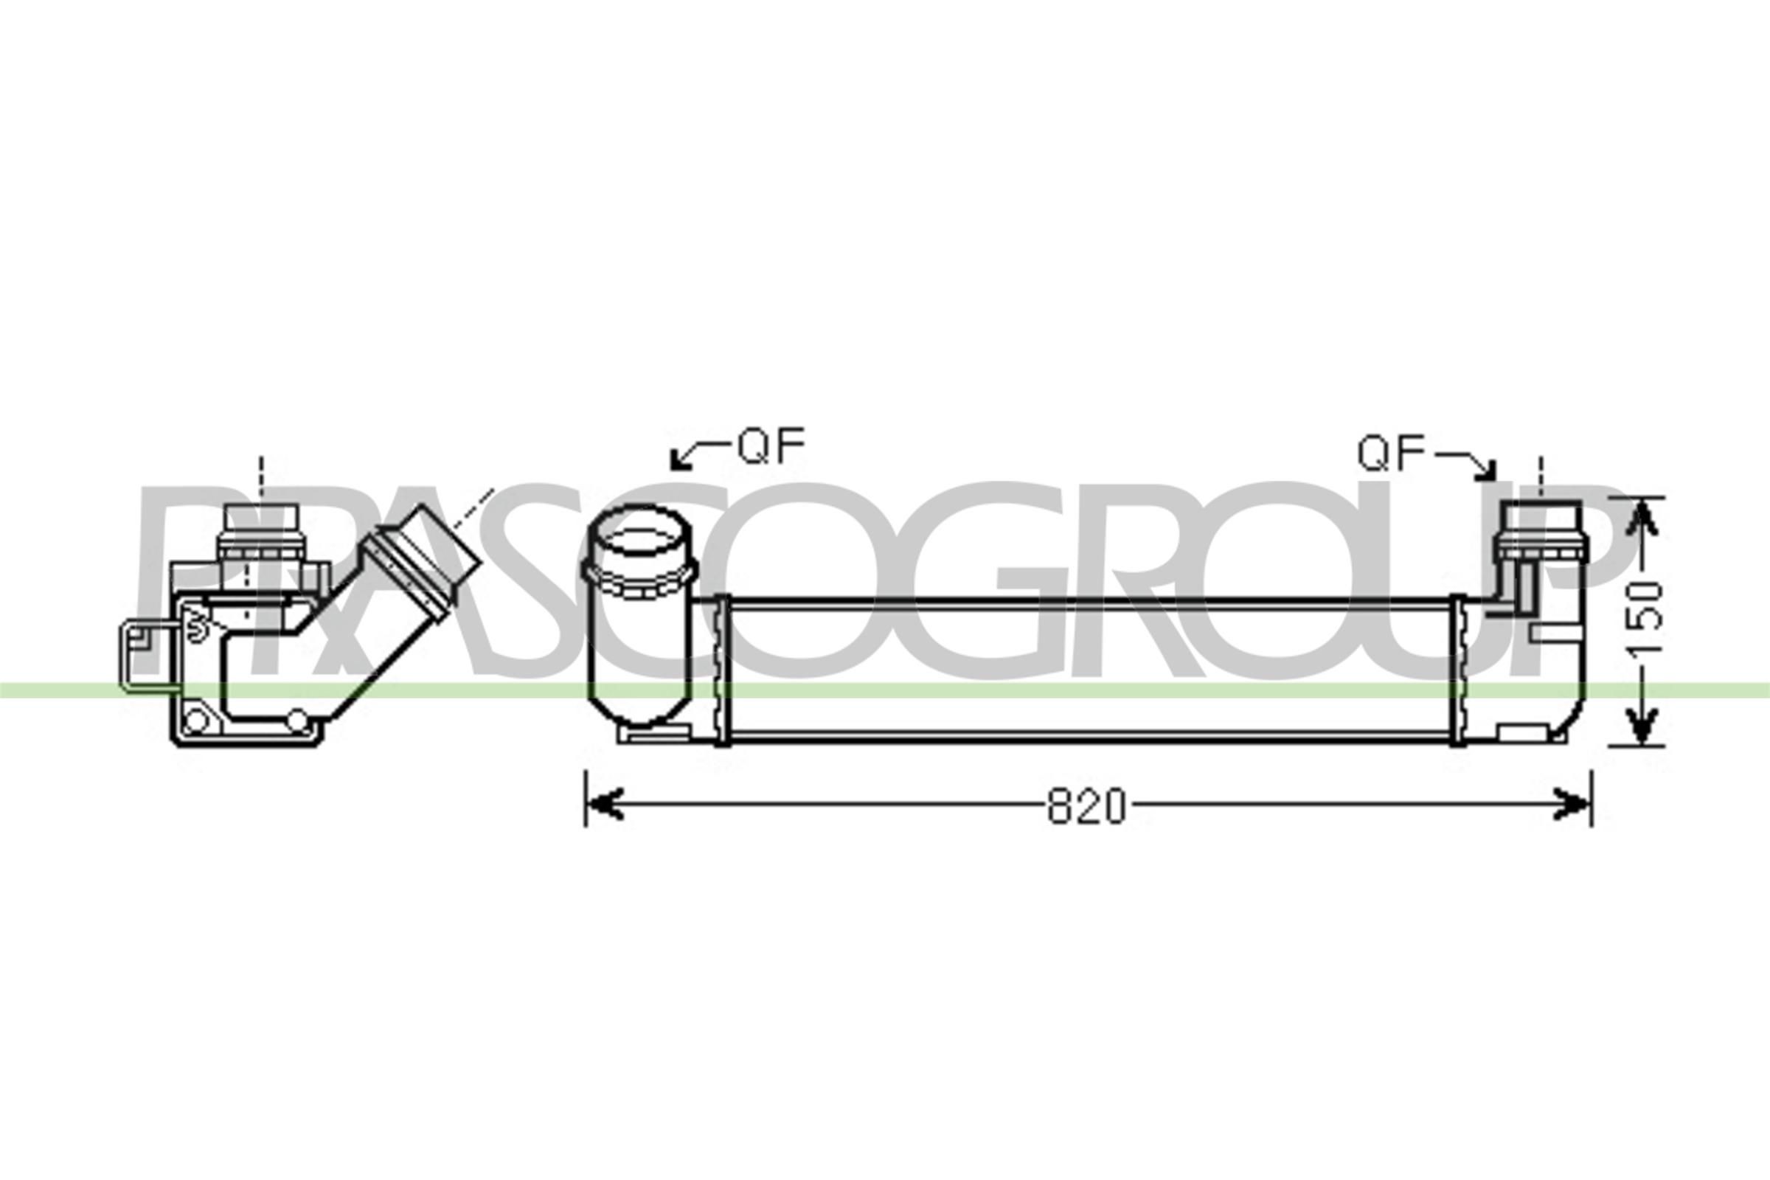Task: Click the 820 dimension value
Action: [x=1086, y=806]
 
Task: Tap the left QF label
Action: [x=771, y=446]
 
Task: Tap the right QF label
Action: [x=1392, y=453]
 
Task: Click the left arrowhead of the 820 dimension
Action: [x=605, y=804]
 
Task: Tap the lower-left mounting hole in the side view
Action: [x=195, y=721]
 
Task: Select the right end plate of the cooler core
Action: [x=1457, y=670]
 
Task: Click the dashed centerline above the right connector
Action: [x=1541, y=477]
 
